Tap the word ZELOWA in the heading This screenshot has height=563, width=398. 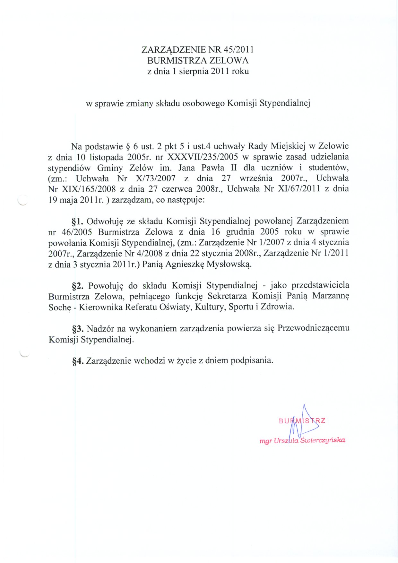229,60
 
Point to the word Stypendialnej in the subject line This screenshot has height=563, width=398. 285,103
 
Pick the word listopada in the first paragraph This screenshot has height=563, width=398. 106,157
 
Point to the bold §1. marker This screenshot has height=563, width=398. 77,221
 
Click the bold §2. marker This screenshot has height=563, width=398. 78,286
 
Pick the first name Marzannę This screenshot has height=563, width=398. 331,296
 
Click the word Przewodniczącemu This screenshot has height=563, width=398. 313,328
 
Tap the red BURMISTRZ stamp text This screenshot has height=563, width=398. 302,421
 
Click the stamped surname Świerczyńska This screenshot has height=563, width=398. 323,440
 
